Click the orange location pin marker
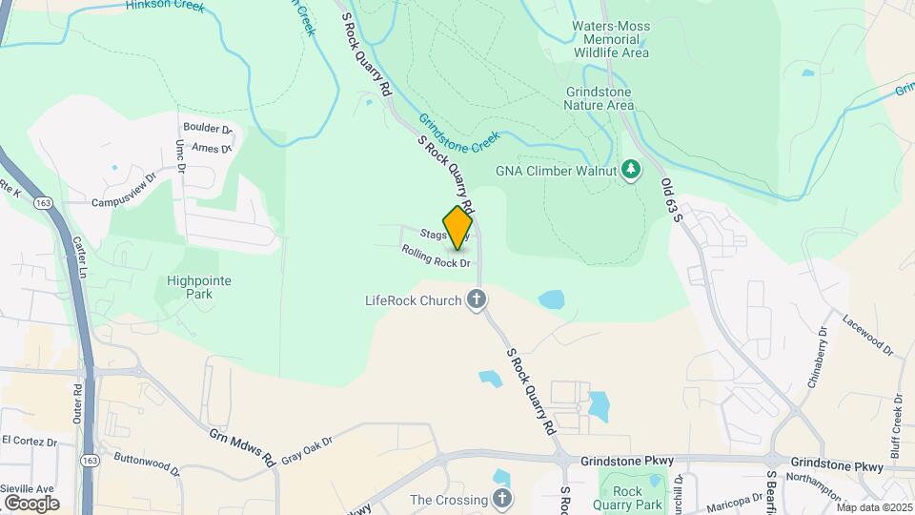click(x=457, y=228)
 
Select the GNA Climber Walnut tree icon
click(x=630, y=170)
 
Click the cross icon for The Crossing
click(x=502, y=499)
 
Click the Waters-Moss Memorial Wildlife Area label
click(x=611, y=39)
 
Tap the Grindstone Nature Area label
click(x=598, y=98)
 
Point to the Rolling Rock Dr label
click(x=437, y=256)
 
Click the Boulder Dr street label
click(x=208, y=129)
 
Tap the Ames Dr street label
click(x=212, y=148)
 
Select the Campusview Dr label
click(x=123, y=191)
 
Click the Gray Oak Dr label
click(x=306, y=449)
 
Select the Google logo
click(x=31, y=503)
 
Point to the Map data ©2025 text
click(x=871, y=507)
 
